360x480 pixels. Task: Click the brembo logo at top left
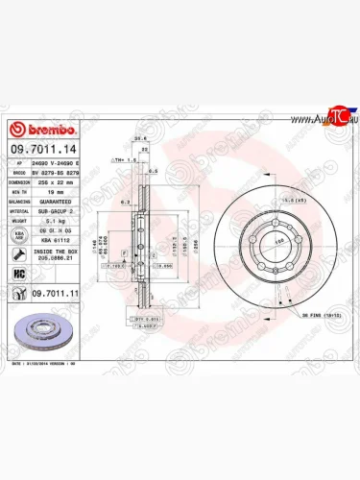pyautogui.click(x=36, y=130)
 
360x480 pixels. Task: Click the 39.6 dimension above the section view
pyautogui.click(x=139, y=137)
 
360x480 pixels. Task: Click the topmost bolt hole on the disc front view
pyautogui.click(x=255, y=216)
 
